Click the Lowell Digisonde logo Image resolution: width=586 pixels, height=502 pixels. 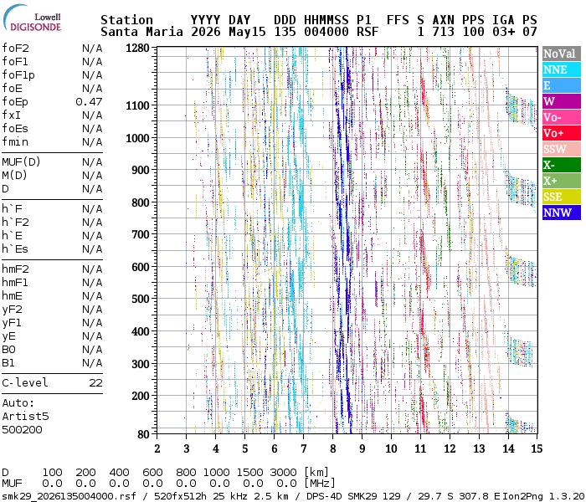click(x=32, y=18)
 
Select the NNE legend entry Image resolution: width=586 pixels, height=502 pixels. click(x=562, y=69)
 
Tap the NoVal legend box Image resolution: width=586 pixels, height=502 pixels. click(x=562, y=54)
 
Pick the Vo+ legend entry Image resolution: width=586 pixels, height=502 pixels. click(x=562, y=133)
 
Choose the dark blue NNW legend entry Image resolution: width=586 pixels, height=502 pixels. click(x=562, y=213)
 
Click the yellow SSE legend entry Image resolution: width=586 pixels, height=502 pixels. click(x=562, y=197)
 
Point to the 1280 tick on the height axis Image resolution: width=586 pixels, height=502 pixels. click(x=137, y=49)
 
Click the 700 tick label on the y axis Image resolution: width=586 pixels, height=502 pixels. click(x=141, y=234)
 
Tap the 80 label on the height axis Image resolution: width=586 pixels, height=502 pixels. click(x=143, y=434)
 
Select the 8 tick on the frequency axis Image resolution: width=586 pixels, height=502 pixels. click(x=332, y=448)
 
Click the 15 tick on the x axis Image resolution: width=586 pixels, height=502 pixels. click(x=537, y=448)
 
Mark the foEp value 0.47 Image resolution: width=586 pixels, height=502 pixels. click(x=89, y=101)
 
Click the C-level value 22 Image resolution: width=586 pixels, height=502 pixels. click(x=95, y=383)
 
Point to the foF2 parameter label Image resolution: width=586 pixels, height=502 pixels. click(x=15, y=49)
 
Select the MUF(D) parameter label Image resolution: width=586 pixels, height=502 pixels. click(x=21, y=162)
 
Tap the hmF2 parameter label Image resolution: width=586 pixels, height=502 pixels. click(x=15, y=269)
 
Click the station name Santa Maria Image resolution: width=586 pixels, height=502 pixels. click(x=142, y=32)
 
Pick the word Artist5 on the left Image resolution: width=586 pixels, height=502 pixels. click(x=25, y=416)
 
